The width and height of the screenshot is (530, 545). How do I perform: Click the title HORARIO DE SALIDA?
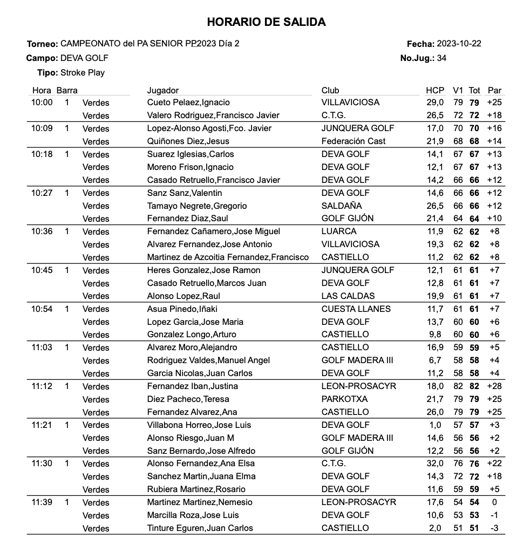pos(266,22)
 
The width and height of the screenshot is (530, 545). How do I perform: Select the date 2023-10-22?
pos(459,44)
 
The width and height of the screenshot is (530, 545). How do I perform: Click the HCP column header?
pos(434,90)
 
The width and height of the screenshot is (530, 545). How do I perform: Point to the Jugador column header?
pos(162,90)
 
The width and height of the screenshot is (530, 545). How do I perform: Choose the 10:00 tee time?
pos(42,103)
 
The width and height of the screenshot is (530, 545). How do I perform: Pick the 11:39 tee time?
pos(42,502)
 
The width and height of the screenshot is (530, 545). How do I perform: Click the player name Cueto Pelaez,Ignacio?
pos(188,103)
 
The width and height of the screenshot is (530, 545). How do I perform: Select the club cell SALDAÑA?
pos(342,206)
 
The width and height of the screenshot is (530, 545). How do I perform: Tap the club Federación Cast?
pos(354,141)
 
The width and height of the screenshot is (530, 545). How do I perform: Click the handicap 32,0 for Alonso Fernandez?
pos(435,464)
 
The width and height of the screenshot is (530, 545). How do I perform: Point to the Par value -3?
pos(494,528)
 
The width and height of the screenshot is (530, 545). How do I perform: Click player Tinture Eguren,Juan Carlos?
pos(200,528)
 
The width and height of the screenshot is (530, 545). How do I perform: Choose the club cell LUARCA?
pos(338,231)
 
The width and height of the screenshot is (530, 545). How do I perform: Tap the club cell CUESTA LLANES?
pos(356,309)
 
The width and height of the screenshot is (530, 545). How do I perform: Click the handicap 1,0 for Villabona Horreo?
pos(437,425)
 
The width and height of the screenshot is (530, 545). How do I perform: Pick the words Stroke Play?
pos(83,73)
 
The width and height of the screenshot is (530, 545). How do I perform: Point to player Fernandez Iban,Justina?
pos(192,386)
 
